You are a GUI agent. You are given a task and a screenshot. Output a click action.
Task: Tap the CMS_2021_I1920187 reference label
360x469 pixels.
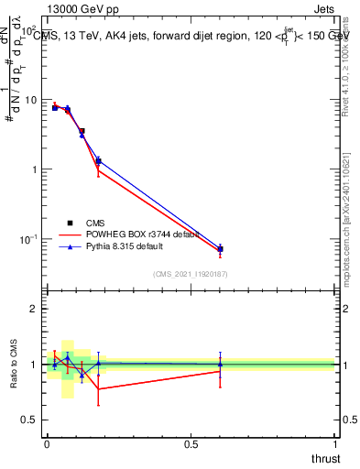[x=190, y=274]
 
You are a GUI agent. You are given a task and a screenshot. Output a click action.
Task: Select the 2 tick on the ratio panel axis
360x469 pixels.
[x=36, y=309]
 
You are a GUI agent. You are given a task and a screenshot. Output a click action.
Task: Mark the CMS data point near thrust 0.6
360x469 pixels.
[x=220, y=249]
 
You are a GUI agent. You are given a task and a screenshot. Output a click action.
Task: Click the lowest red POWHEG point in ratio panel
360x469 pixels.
[x=98, y=389]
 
